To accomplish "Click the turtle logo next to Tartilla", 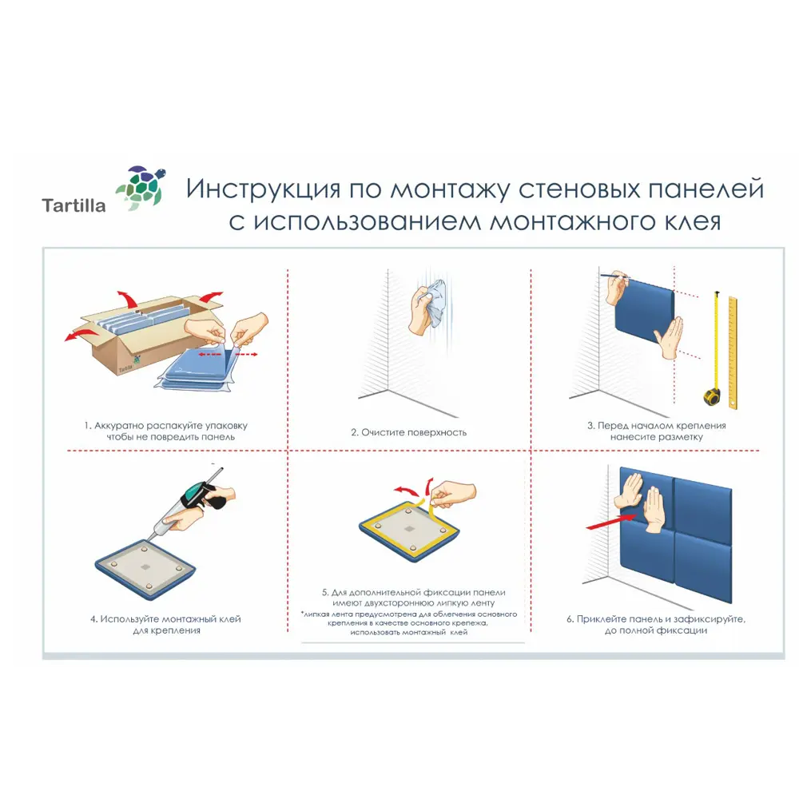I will point(141,189).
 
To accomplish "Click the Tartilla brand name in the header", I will point(74,206).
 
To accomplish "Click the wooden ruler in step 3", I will point(732,352).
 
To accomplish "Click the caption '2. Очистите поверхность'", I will point(408,432).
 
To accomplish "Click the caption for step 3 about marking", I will point(656,431).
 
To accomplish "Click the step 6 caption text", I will point(661,624).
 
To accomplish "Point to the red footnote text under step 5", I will point(408,622).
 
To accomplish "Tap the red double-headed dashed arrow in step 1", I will point(227,353).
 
